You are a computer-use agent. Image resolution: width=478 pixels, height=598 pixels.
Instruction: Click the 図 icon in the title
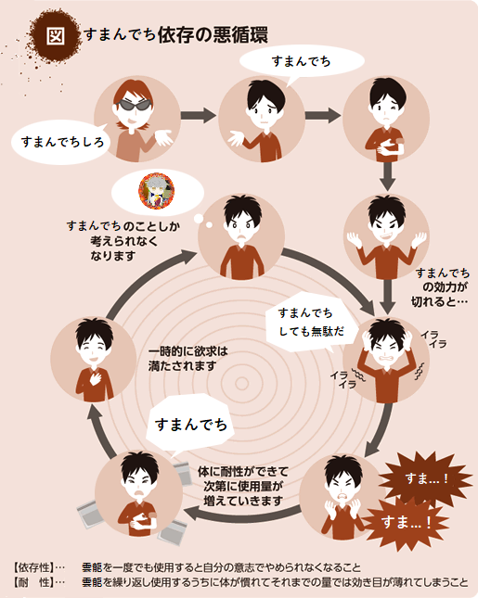coord(56,36)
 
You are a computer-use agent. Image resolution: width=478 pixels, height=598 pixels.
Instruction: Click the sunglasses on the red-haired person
coord(133,105)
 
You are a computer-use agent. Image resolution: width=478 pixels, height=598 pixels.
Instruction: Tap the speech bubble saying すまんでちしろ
coord(61,142)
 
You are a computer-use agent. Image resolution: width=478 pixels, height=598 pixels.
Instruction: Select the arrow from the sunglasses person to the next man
coord(199,115)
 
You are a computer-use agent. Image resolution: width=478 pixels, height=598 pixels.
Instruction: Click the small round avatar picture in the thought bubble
coord(157,191)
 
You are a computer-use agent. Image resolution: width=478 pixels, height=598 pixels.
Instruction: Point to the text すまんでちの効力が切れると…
coord(440,287)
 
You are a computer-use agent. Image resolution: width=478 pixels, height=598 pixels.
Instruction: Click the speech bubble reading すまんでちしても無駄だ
coord(311,323)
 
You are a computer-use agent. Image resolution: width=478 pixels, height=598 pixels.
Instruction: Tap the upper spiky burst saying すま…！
coord(426,477)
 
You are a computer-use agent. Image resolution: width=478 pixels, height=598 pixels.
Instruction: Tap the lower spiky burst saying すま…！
coord(406,522)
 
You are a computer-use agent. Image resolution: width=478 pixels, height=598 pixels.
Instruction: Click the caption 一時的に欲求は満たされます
coord(187,359)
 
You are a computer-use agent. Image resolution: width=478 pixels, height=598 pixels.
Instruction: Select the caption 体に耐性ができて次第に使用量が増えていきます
coord(243,486)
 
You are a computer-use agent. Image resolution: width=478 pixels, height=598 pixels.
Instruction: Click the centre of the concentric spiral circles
coord(241,383)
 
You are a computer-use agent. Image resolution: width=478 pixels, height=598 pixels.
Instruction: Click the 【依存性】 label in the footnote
coord(32,568)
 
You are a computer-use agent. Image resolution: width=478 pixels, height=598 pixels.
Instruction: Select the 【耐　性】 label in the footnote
coord(32,582)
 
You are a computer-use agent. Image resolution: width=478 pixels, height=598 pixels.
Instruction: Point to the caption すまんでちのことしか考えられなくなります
coord(123,241)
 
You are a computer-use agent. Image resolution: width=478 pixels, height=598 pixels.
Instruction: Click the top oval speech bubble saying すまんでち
coord(302,61)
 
